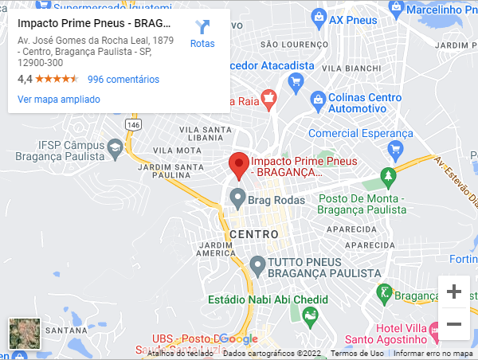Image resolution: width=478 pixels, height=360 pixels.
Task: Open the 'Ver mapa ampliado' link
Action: (x=59, y=100)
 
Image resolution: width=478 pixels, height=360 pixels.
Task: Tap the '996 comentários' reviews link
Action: (x=123, y=80)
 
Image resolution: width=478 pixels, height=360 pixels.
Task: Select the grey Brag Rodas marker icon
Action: (x=237, y=197)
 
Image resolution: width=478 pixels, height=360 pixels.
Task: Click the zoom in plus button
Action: (x=454, y=292)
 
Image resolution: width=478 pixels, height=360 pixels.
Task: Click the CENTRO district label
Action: (x=253, y=234)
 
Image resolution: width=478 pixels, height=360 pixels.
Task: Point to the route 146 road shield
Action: (x=133, y=126)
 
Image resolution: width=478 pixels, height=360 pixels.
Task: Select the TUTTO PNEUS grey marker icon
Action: (x=257, y=264)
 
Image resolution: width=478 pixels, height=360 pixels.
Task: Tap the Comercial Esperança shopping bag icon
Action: (x=395, y=149)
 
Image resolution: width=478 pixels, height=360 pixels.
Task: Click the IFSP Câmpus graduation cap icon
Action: (x=116, y=147)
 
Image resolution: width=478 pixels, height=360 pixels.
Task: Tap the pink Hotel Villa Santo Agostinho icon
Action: (x=434, y=329)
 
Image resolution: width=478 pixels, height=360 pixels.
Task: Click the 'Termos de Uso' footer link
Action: (x=357, y=353)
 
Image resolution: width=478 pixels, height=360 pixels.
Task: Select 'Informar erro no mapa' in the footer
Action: (x=433, y=353)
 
